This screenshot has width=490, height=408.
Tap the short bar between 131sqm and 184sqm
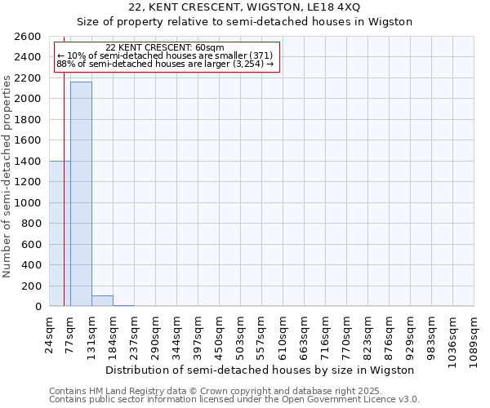[102, 301]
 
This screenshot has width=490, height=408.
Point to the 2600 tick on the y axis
[29, 37]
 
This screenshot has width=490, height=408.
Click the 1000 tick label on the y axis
[29, 202]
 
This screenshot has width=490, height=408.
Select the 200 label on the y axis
[32, 286]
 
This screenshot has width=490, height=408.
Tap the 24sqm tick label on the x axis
[50, 334]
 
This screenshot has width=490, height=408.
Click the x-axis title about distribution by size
[261, 370]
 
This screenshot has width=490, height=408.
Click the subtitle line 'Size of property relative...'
[245, 22]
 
